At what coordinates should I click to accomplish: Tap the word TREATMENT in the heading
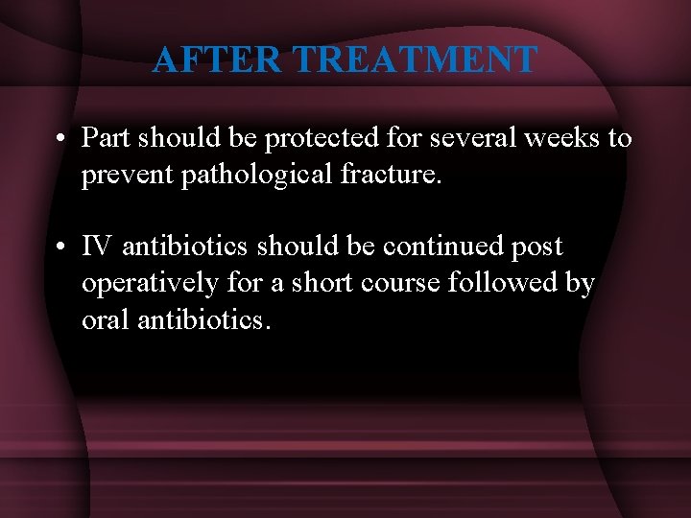[x=415, y=60]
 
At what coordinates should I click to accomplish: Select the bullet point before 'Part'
[x=60, y=139]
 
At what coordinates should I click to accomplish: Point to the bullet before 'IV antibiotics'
[x=60, y=247]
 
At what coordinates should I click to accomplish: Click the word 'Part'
[x=106, y=139]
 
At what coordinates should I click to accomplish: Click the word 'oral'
[x=104, y=320]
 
